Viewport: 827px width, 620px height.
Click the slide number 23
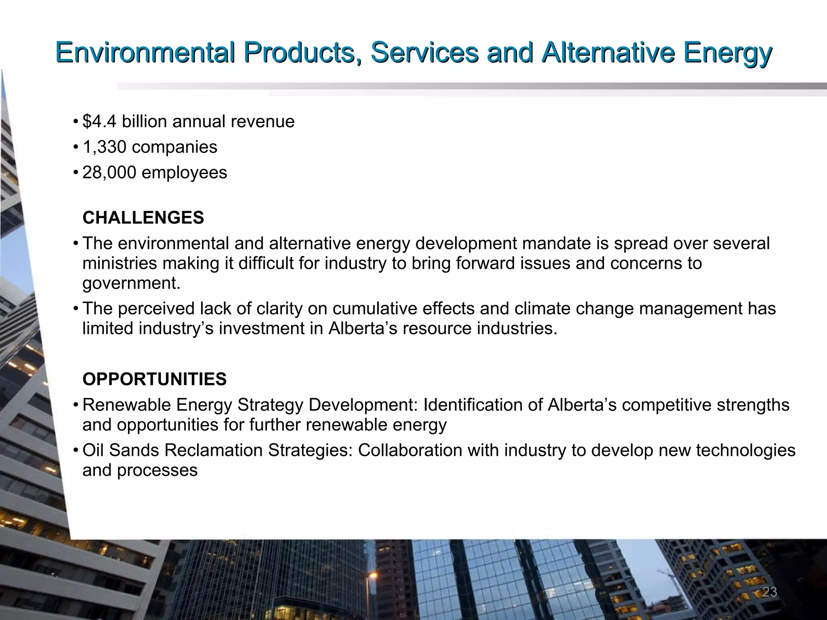coord(769,592)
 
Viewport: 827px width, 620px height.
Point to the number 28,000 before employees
coord(109,172)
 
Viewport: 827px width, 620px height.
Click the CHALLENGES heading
coord(143,218)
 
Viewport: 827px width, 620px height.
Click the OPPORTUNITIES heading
coord(154,379)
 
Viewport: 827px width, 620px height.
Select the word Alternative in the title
coord(608,52)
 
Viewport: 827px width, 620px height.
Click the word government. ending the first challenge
coord(131,283)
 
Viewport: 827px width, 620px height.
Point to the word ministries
coord(119,263)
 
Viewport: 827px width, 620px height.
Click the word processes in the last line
coord(157,471)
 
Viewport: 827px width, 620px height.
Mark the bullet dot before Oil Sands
coord(76,450)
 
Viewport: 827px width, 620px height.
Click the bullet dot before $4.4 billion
coord(76,121)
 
